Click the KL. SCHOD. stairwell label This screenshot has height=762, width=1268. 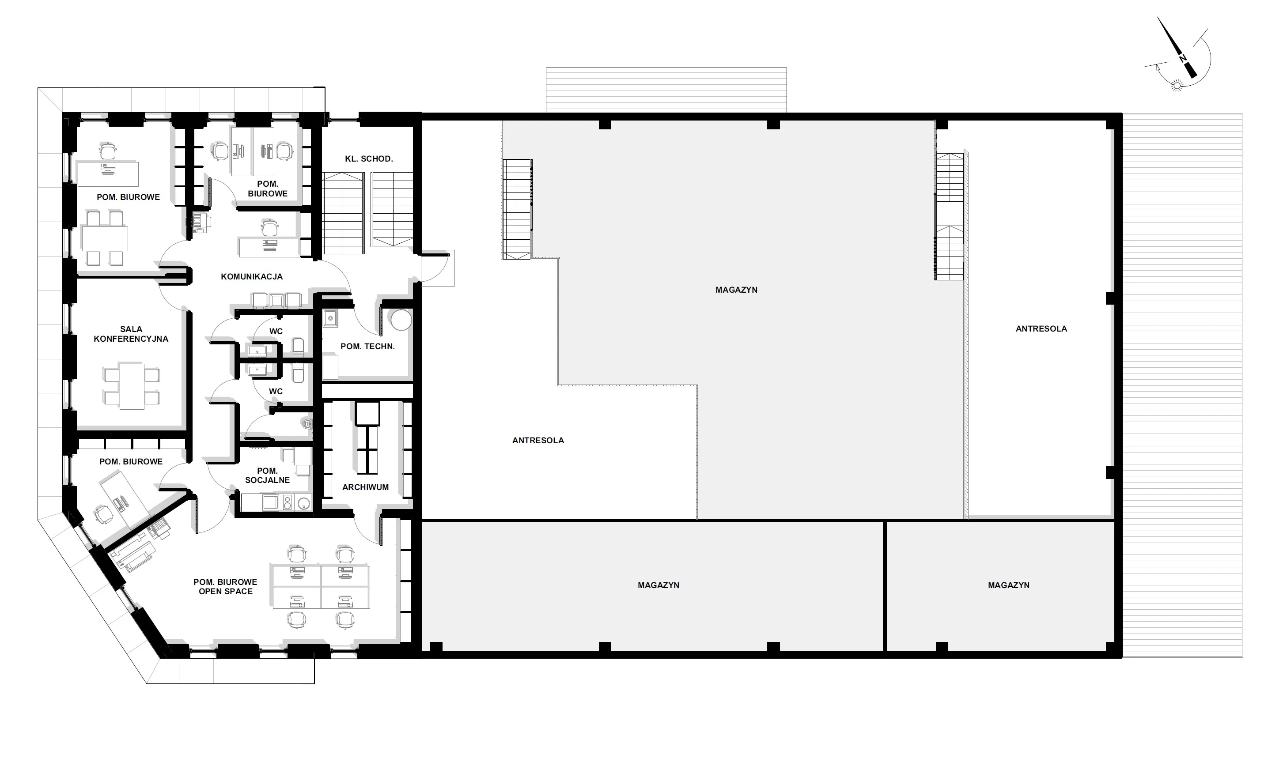[369, 158]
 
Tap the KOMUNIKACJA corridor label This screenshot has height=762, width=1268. [252, 277]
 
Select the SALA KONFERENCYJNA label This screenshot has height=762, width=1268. [131, 334]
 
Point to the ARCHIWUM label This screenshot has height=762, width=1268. [365, 487]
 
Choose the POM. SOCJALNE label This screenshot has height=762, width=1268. [267, 475]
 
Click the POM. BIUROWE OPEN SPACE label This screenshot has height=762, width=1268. [225, 586]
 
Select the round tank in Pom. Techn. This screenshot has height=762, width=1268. [401, 319]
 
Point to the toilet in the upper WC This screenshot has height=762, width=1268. [299, 347]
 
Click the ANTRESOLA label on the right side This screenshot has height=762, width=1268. [1041, 328]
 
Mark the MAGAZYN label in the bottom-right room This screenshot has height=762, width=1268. [1008, 585]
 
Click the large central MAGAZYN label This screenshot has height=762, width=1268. [736, 290]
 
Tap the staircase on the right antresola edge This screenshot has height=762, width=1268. [949, 216]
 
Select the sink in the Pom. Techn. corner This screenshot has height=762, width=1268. [331, 319]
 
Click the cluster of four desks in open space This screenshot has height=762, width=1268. [321, 587]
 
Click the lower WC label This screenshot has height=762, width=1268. [275, 391]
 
